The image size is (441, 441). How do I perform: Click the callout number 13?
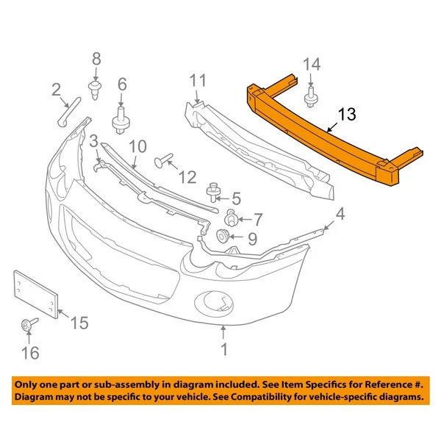(x=346, y=114)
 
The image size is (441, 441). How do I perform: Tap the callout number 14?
(x=312, y=64)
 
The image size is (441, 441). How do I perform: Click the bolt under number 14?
(x=311, y=96)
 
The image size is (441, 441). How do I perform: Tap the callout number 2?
(x=56, y=90)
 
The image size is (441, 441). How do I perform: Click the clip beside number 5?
(x=214, y=193)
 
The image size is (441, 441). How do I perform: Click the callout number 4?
(x=340, y=215)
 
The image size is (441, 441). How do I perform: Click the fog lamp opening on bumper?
(x=215, y=301)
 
